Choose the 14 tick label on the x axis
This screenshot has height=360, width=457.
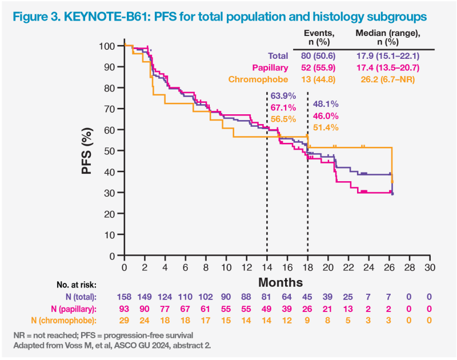point(267,267)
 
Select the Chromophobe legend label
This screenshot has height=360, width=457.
point(258,79)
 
